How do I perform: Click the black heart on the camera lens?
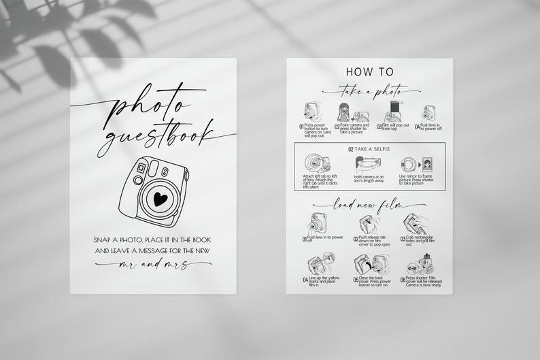[x=161, y=199]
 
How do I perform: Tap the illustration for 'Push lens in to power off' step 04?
[x=429, y=112]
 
